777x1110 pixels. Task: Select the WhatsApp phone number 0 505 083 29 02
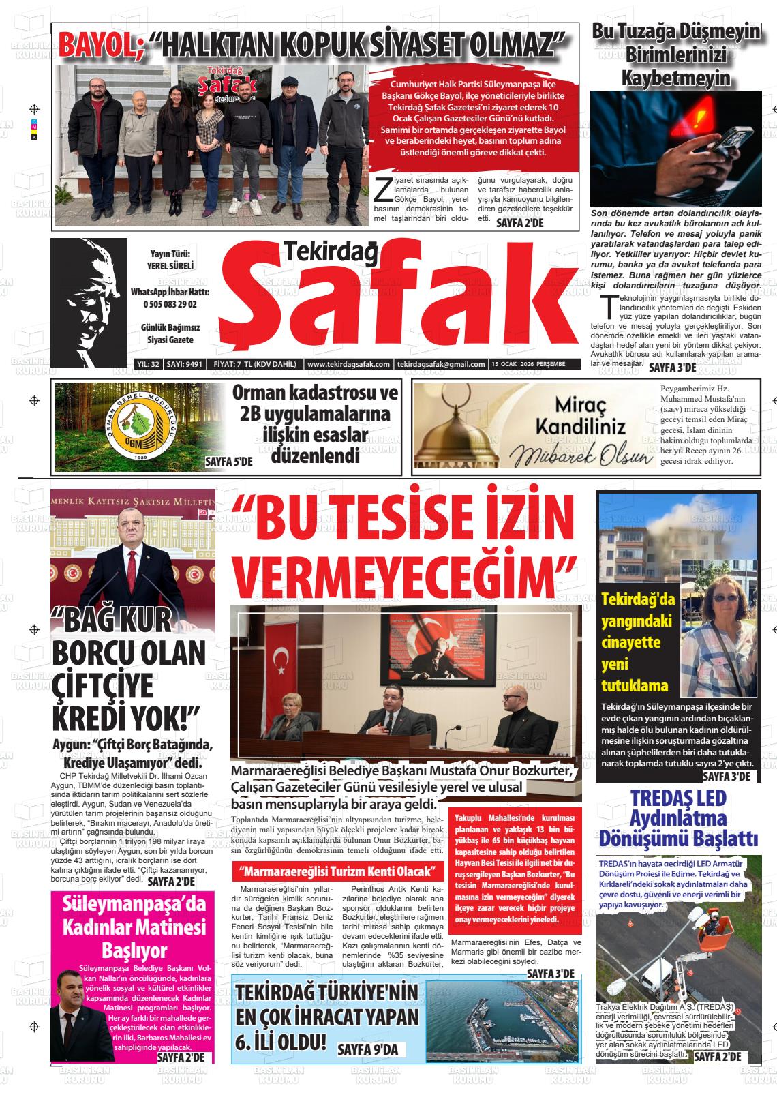[x=170, y=305]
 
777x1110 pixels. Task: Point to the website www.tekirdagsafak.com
[x=348, y=365]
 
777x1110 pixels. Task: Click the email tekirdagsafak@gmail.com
[x=441, y=365]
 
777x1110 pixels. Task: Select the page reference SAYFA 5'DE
[x=229, y=462]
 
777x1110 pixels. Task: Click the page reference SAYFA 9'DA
[x=367, y=1051]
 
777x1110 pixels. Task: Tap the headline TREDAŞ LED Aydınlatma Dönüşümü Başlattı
[x=678, y=817]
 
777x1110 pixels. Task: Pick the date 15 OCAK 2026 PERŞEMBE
[x=529, y=365]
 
